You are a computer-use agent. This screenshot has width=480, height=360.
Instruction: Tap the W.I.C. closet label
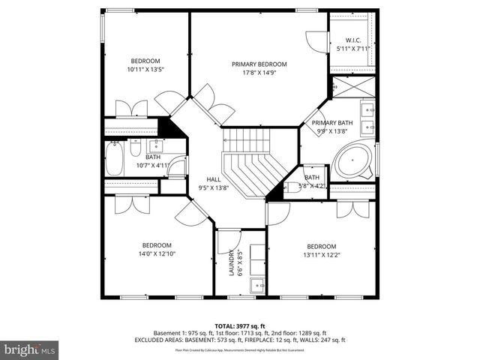tap(353, 40)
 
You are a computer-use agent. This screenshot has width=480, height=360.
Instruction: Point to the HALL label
tap(214, 179)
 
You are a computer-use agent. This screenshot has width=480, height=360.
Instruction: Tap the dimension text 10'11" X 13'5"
tap(145, 70)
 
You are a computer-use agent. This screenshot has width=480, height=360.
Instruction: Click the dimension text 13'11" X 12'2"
tap(321, 255)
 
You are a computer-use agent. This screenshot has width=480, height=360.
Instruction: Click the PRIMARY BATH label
tap(332, 122)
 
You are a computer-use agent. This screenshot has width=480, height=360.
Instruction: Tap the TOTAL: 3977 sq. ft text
tap(239, 325)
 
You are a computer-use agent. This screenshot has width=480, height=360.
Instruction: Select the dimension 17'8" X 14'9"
tap(259, 73)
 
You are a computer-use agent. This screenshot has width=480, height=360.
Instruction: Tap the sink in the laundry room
tap(258, 285)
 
